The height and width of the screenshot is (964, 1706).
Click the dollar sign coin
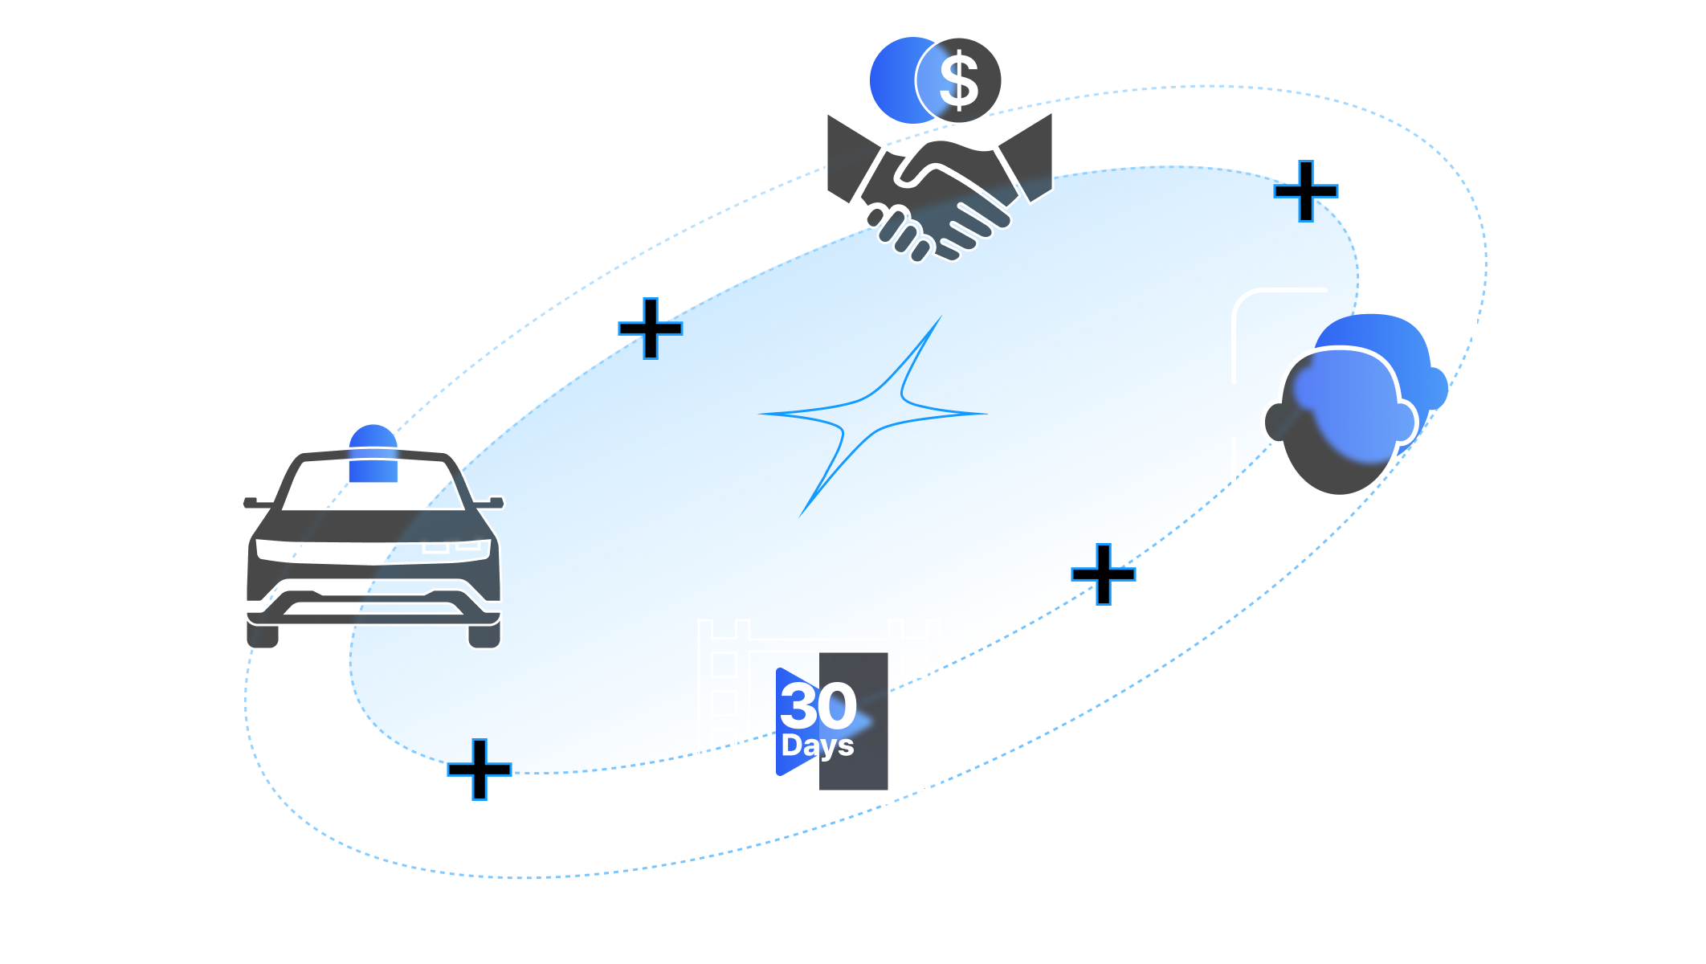click(x=959, y=80)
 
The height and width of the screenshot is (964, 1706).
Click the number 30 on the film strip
click(x=818, y=705)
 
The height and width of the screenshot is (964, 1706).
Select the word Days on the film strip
click(x=818, y=745)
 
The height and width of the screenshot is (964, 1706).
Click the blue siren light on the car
click(x=373, y=455)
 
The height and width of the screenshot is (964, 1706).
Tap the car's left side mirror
click(x=255, y=503)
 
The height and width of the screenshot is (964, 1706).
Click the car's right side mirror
click(x=492, y=503)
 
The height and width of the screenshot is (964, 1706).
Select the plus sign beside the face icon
click(x=1307, y=190)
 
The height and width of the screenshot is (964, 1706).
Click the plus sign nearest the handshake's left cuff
click(x=650, y=328)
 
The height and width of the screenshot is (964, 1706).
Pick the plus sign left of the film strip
click(x=480, y=770)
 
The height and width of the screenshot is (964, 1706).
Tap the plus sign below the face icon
click(x=1104, y=574)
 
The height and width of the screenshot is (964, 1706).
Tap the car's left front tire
click(x=263, y=636)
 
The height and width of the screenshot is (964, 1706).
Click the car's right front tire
click(x=484, y=636)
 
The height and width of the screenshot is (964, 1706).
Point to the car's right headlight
click(x=456, y=548)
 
